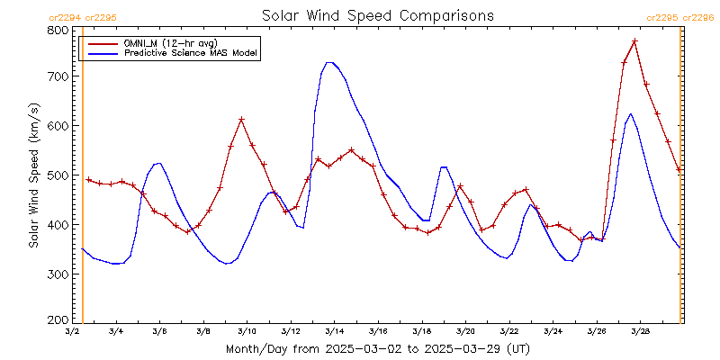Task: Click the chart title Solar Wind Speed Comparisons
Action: pos(377,15)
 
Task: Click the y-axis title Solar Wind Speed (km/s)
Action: pos(33,175)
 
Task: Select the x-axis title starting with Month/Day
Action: pos(377,349)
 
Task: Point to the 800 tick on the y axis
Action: pos(58,30)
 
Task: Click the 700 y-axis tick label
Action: pos(58,77)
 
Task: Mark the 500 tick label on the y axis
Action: pos(58,175)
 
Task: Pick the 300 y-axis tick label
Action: pos(58,274)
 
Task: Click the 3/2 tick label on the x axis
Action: pos(72,332)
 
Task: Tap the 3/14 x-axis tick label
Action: pos(334,332)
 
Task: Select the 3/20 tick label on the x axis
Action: pos(465,332)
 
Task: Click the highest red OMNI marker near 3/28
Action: pos(634,41)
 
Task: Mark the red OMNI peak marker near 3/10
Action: pos(241,120)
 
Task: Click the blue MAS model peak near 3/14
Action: pos(329,62)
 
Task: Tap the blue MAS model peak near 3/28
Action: pos(630,113)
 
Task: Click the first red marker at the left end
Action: pos(88,180)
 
